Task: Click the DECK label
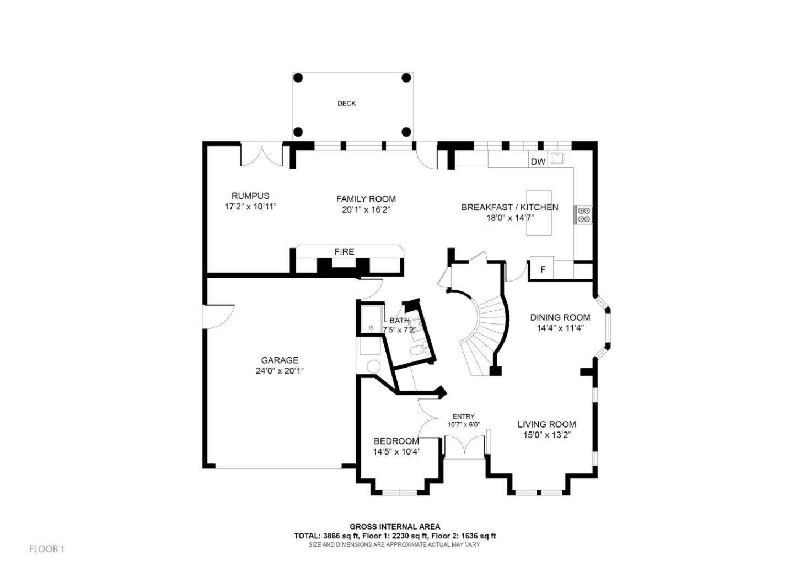(x=346, y=104)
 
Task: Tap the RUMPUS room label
(x=250, y=196)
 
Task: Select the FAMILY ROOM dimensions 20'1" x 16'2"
(x=366, y=210)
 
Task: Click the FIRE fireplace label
(x=344, y=252)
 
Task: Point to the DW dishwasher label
(x=538, y=161)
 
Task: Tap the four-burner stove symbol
(x=584, y=215)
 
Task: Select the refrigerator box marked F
(x=542, y=269)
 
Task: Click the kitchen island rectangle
(x=539, y=213)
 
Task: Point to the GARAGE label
(x=280, y=360)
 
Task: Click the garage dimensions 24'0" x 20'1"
(x=280, y=371)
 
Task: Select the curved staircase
(x=485, y=331)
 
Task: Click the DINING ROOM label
(x=560, y=317)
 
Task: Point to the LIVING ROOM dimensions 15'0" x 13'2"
(x=546, y=435)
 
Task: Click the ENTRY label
(x=463, y=417)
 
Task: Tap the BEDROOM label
(x=396, y=441)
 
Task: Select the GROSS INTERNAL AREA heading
(x=395, y=527)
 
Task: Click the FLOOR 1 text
(x=47, y=549)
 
